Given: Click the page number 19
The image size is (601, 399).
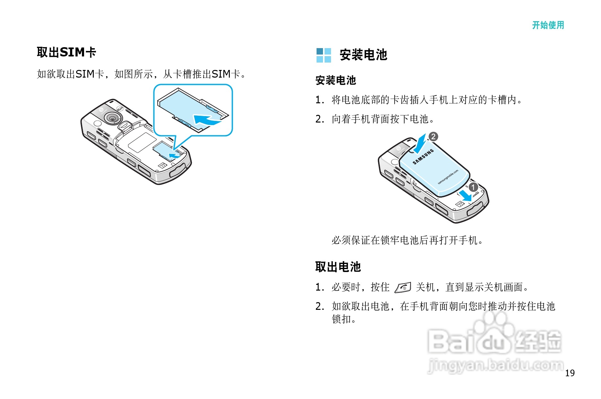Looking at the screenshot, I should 570,373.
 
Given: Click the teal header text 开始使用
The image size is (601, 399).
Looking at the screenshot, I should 548,25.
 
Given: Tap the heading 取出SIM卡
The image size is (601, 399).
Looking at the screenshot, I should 66,52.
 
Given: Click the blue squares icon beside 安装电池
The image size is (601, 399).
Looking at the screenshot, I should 323,55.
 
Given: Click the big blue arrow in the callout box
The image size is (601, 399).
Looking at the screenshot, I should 206,120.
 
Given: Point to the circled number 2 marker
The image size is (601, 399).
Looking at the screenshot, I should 433,137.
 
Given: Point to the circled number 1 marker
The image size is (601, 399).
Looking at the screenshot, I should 473,187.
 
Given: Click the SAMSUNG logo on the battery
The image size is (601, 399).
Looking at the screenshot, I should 423,157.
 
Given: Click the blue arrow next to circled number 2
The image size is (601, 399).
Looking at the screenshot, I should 420,144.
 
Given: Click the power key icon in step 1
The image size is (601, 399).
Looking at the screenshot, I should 403,287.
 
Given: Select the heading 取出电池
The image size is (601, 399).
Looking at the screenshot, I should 338,267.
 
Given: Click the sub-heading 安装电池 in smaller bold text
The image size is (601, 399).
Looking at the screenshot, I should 335,80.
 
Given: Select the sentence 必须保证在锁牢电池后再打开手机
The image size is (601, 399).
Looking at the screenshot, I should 407,240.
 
